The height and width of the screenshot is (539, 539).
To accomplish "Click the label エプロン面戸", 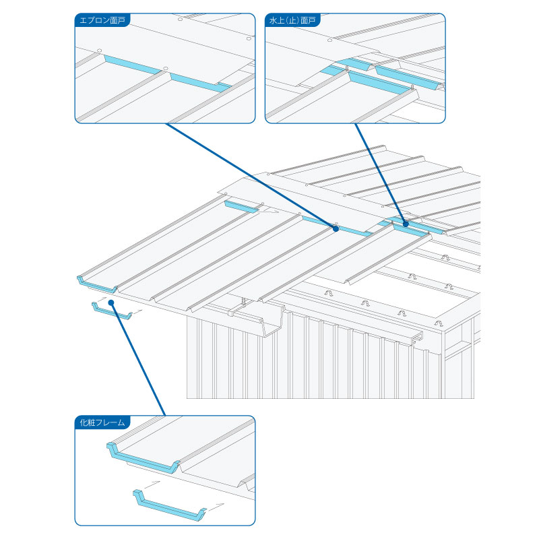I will pyautogui.click(x=102, y=20).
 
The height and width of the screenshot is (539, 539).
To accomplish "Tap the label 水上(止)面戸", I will pyautogui.click(x=292, y=20).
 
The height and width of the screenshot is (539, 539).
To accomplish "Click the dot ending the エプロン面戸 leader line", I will pyautogui.click(x=336, y=228).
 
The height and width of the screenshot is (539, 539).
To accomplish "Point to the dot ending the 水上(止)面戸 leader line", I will pyautogui.click(x=406, y=222).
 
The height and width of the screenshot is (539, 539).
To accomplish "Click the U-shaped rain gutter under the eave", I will pyautogui.click(x=269, y=321).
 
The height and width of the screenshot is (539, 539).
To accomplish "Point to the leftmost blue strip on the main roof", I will pyautogui.click(x=241, y=206).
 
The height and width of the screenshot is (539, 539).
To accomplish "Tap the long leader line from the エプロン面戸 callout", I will pyautogui.click(x=249, y=175).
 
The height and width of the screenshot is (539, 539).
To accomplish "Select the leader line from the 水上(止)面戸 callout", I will pyautogui.click(x=381, y=172).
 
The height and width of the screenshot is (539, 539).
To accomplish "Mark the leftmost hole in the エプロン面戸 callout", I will pyautogui.click(x=99, y=50).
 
